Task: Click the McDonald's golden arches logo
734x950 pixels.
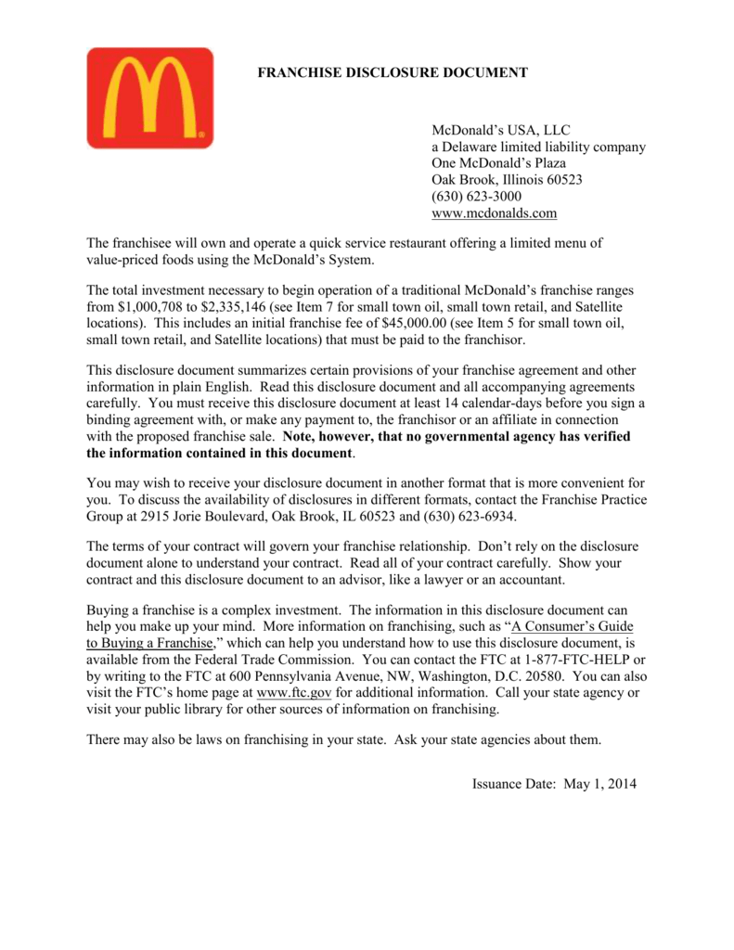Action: coord(150,98)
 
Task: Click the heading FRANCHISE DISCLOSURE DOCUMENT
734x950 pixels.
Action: coord(392,72)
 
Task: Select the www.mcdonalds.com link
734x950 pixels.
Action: coord(495,213)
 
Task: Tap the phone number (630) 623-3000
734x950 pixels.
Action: coord(477,197)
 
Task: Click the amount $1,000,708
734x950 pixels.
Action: coord(151,305)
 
